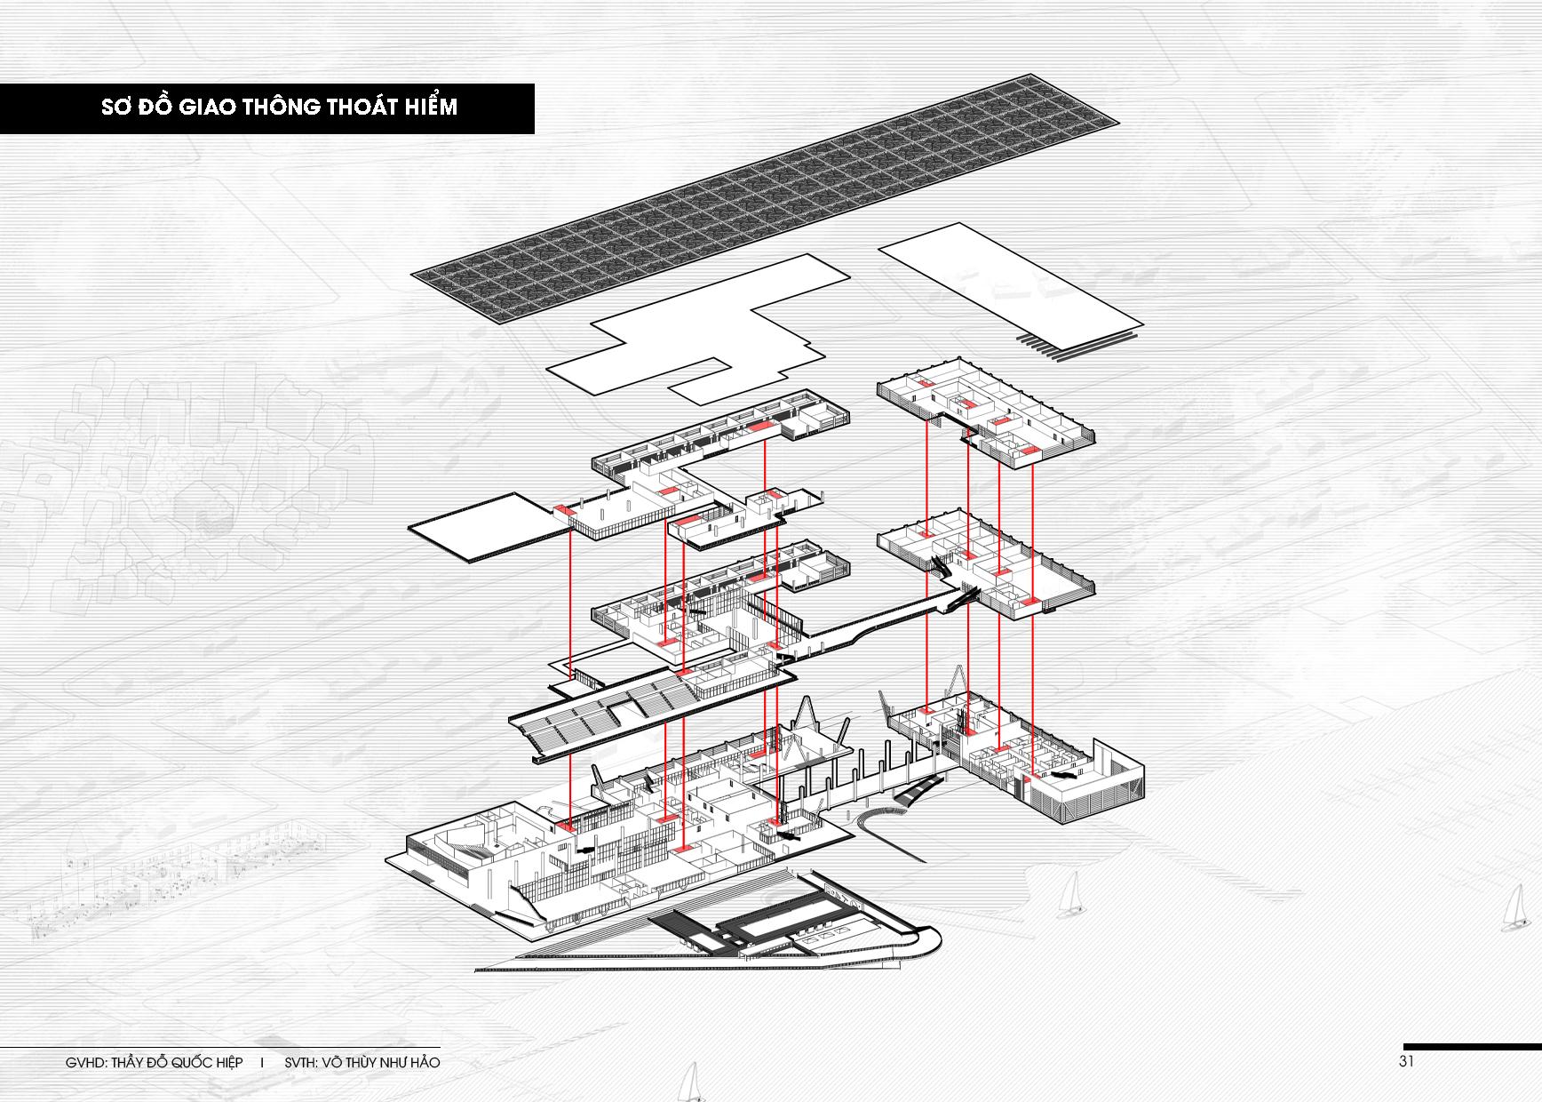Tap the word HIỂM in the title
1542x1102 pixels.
point(428,108)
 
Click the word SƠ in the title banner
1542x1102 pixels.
point(116,108)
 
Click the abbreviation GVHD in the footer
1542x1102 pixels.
point(84,1062)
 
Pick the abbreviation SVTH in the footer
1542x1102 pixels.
point(302,1062)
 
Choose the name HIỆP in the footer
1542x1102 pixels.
point(226,1062)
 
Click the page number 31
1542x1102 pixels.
point(1406,1061)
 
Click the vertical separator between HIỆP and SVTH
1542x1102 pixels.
point(262,1062)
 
